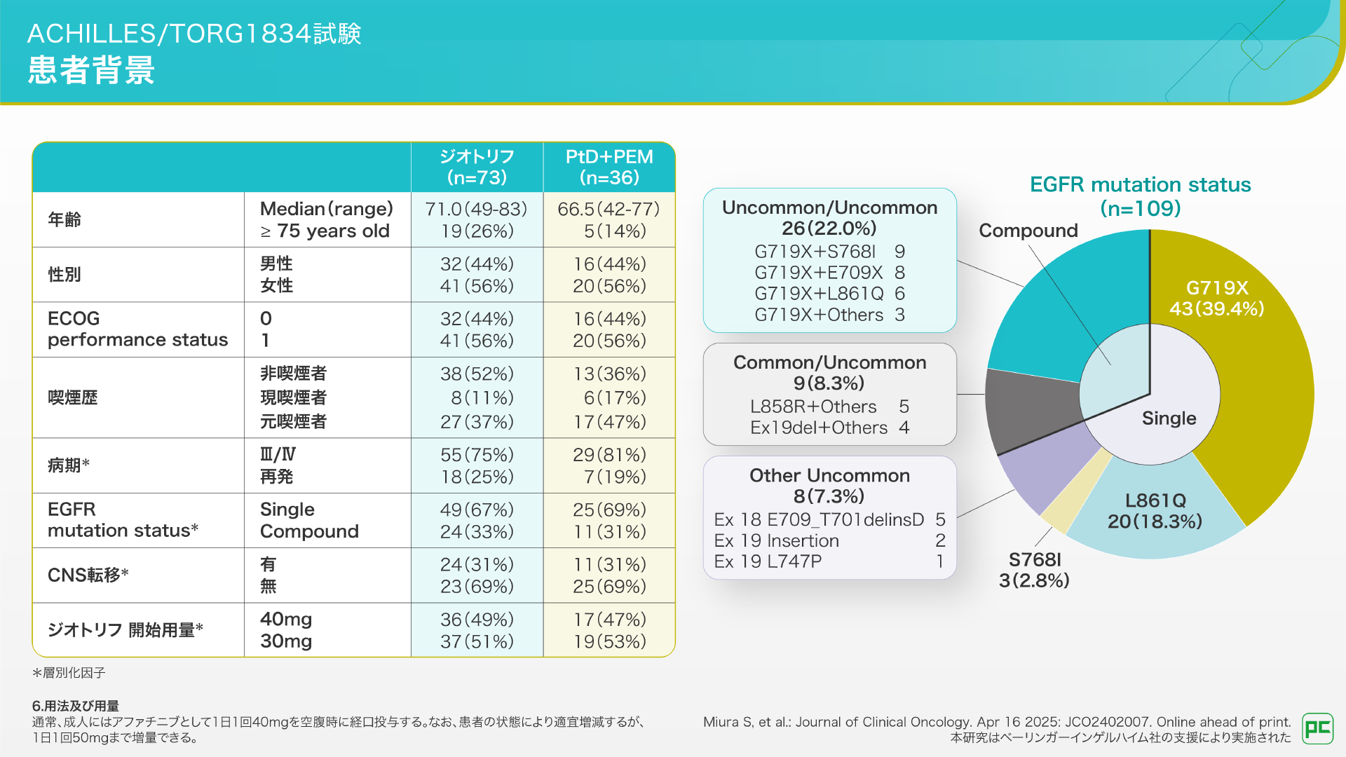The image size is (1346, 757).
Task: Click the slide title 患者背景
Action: click(x=91, y=70)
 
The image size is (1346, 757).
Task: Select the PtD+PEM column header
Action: click(x=609, y=167)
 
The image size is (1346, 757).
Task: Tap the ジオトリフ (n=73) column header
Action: click(x=477, y=167)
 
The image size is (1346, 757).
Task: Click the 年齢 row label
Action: click(x=64, y=219)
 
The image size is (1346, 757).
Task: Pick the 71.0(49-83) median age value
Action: click(x=476, y=209)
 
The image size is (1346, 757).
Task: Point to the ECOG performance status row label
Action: click(x=137, y=329)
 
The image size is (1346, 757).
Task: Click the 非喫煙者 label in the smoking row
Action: click(x=293, y=374)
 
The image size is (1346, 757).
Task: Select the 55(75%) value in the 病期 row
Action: click(x=477, y=455)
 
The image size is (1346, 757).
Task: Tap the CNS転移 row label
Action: click(x=88, y=575)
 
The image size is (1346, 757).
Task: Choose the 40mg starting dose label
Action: click(x=286, y=619)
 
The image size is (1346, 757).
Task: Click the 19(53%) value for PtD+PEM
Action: click(x=609, y=641)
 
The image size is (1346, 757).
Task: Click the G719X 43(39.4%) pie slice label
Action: click(x=1217, y=298)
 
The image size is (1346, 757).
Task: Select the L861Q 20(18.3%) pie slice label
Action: click(x=1155, y=510)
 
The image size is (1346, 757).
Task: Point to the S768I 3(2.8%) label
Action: click(x=1034, y=570)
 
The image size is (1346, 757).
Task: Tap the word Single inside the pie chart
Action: click(x=1169, y=418)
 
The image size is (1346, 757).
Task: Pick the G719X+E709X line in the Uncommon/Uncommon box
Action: click(x=829, y=273)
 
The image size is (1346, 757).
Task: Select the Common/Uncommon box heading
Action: click(x=829, y=362)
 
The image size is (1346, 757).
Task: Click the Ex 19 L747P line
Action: click(x=829, y=561)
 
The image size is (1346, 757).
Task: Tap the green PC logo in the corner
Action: click(x=1317, y=728)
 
